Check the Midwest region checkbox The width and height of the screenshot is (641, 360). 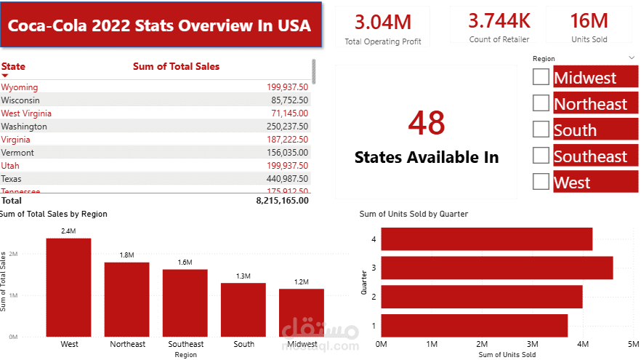pyautogui.click(x=541, y=77)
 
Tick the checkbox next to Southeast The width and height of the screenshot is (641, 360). pyautogui.click(x=541, y=156)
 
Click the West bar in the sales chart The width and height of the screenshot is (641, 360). pyautogui.click(x=69, y=287)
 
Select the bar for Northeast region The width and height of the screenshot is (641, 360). pyautogui.click(x=126, y=299)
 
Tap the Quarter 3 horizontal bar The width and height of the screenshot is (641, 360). pyautogui.click(x=496, y=268)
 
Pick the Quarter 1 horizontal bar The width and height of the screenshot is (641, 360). pyautogui.click(x=474, y=324)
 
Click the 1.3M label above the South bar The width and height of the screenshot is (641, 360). pyautogui.click(x=243, y=276)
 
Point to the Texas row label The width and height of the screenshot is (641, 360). pyautogui.click(x=12, y=178)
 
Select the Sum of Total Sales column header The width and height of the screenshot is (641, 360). pyautogui.click(x=176, y=66)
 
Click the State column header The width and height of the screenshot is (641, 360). pyautogui.click(x=13, y=66)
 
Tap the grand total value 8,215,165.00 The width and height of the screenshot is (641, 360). pyautogui.click(x=282, y=200)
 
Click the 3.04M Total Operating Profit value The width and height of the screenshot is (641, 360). pyautogui.click(x=382, y=21)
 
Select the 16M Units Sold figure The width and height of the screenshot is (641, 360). pyautogui.click(x=589, y=20)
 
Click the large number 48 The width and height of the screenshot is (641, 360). pyautogui.click(x=426, y=123)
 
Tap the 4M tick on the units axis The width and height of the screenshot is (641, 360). pyautogui.click(x=582, y=343)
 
